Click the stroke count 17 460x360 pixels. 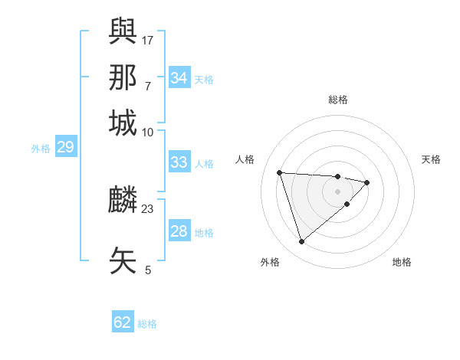[148, 39]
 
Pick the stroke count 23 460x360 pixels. [148, 208]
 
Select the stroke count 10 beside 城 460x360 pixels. [148, 132]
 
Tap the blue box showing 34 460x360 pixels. [179, 77]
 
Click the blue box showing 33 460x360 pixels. [179, 162]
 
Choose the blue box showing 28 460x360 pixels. [179, 231]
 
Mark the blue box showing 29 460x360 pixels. [65, 147]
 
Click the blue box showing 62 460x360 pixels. [123, 322]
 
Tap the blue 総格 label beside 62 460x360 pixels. [147, 324]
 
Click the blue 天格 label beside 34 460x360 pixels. [204, 79]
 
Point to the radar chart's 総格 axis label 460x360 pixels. [338, 100]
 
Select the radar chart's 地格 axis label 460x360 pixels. [402, 263]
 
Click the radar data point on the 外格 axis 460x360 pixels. [301, 242]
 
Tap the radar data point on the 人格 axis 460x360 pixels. [280, 172]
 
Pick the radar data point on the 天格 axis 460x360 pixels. [367, 182]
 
